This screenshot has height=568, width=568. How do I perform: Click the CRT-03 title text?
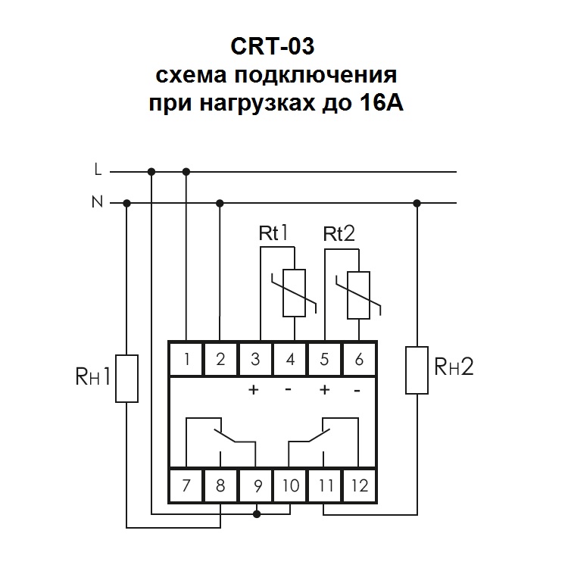(x=270, y=47)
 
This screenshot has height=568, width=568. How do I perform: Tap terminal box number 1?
(x=186, y=360)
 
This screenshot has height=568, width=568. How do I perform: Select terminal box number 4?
(x=290, y=360)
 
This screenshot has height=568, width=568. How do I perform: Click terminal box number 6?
(x=359, y=360)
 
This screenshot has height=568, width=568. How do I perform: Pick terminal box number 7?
(x=186, y=485)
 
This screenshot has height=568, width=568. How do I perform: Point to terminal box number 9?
(x=255, y=485)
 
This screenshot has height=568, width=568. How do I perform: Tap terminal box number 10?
(x=290, y=485)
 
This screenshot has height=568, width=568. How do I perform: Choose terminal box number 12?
(x=359, y=485)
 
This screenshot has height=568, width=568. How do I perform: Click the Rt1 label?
(x=275, y=234)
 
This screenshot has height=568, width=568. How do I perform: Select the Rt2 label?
(x=339, y=234)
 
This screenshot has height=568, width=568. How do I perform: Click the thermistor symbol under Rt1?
(x=292, y=294)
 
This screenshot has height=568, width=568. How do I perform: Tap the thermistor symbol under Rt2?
(x=358, y=294)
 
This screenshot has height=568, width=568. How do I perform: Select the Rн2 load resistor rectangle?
(x=417, y=370)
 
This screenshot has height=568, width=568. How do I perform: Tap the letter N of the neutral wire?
(x=97, y=202)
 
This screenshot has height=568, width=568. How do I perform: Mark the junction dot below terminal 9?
(x=257, y=514)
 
